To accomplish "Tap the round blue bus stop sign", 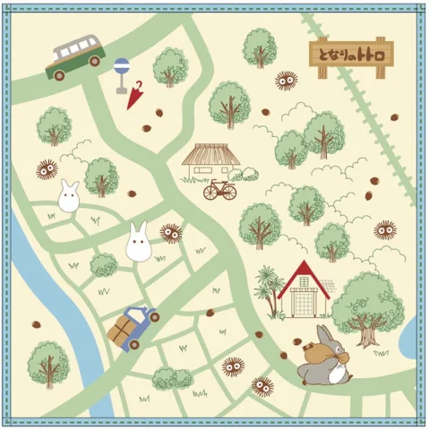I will click(121, 65).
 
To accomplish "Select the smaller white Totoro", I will click(69, 196).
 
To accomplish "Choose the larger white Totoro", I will click(138, 244).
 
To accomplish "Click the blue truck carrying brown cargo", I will click(133, 325).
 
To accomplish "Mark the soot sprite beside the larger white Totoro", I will click(170, 233).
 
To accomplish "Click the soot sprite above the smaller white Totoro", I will click(47, 168).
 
